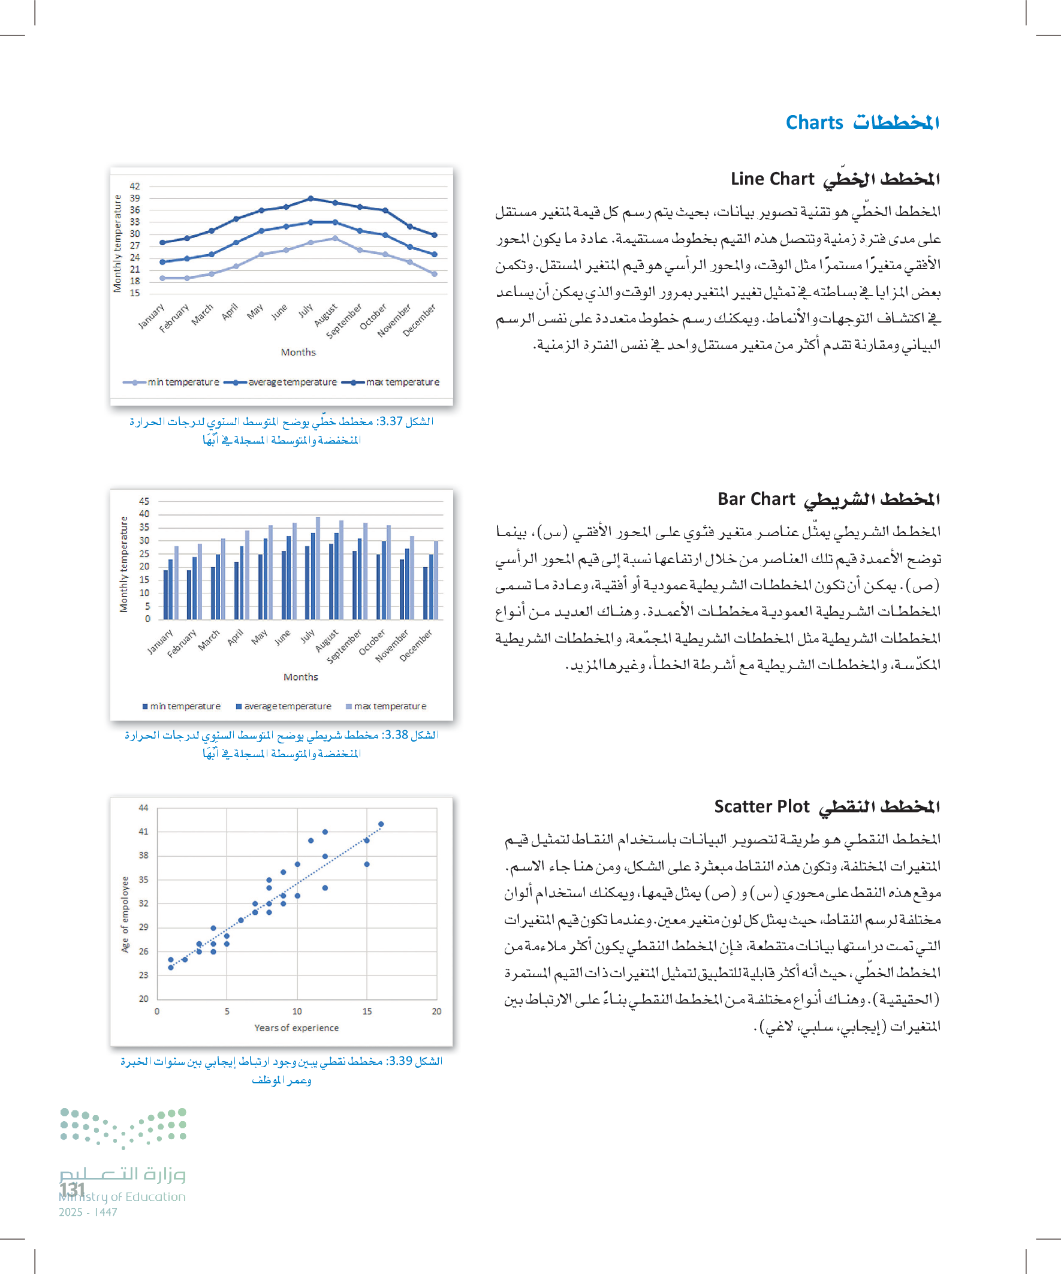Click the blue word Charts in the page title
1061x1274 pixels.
pyautogui.click(x=813, y=122)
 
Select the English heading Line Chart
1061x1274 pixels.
pyautogui.click(x=771, y=179)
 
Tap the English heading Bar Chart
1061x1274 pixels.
pyautogui.click(x=755, y=499)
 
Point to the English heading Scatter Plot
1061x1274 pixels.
pyautogui.click(x=761, y=806)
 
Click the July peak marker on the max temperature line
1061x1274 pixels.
pyautogui.click(x=311, y=198)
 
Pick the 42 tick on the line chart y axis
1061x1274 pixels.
pyautogui.click(x=135, y=186)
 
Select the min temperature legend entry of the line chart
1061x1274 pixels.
pyautogui.click(x=183, y=382)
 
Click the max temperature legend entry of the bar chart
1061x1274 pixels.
pyautogui.click(x=390, y=706)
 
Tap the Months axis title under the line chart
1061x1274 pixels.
pyautogui.click(x=298, y=352)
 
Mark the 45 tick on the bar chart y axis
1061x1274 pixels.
pyautogui.click(x=144, y=501)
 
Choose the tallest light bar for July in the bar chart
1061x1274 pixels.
pyautogui.click(x=318, y=568)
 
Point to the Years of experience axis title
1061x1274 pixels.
pyautogui.click(x=296, y=1028)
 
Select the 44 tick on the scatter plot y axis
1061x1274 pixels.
pyautogui.click(x=143, y=808)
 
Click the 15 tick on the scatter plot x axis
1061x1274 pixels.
pyautogui.click(x=366, y=1011)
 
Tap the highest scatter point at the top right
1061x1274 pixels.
pyautogui.click(x=381, y=824)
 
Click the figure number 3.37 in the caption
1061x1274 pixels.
pyautogui.click(x=390, y=421)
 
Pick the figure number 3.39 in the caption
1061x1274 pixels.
pyautogui.click(x=400, y=1061)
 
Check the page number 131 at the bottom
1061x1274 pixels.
pyautogui.click(x=72, y=1189)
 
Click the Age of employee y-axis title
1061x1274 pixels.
pyautogui.click(x=125, y=915)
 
